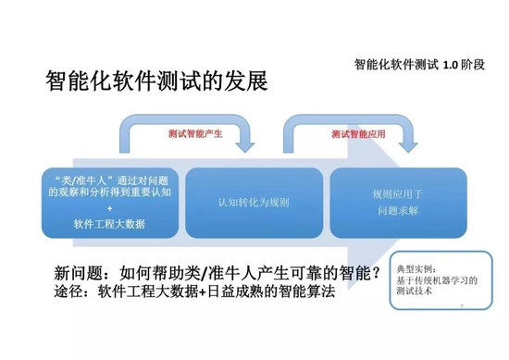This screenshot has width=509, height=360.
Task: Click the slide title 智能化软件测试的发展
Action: pos(156,81)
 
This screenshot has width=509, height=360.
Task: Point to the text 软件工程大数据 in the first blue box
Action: pos(109,223)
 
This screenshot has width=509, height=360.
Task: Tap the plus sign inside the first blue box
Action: pos(109,209)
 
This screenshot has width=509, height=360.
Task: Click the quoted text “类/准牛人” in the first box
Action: pos(76,178)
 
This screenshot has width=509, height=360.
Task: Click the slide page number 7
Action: pos(460,303)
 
